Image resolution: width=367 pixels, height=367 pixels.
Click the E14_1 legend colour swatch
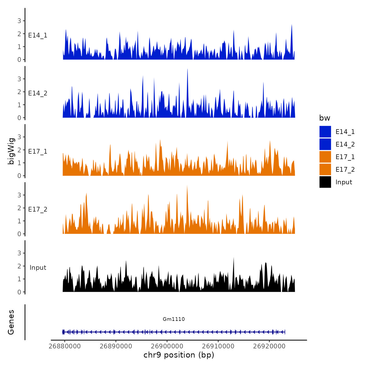[325, 132]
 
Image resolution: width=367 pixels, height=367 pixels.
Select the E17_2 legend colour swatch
[325, 169]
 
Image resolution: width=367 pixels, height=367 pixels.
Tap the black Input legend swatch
[325, 182]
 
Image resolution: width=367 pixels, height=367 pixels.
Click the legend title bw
[325, 118]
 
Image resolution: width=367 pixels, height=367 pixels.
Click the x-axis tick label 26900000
[167, 346]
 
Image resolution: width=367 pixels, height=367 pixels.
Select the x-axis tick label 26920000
[269, 346]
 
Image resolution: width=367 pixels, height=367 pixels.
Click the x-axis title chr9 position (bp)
[179, 355]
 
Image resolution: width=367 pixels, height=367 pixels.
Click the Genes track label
[11, 322]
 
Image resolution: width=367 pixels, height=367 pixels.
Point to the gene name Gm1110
[174, 319]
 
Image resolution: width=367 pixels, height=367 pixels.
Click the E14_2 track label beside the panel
[38, 93]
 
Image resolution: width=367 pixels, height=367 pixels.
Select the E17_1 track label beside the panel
[38, 152]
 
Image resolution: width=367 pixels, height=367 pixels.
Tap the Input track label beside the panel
[38, 268]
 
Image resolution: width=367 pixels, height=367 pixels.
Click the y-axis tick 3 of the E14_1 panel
[19, 21]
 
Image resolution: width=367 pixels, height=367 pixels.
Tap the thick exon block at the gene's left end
[63, 332]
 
